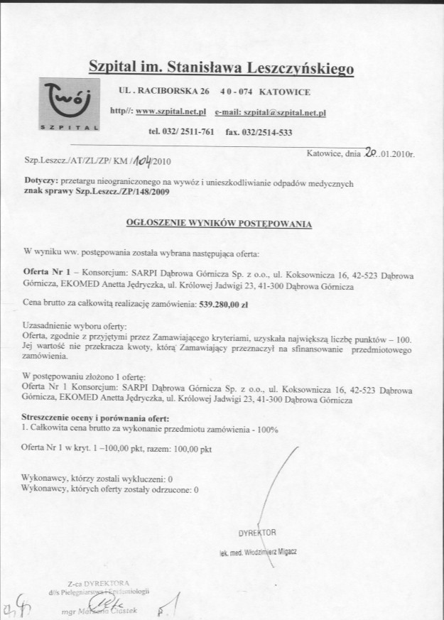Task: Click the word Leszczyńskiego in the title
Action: tap(299, 69)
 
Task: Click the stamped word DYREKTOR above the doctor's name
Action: tap(257, 531)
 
